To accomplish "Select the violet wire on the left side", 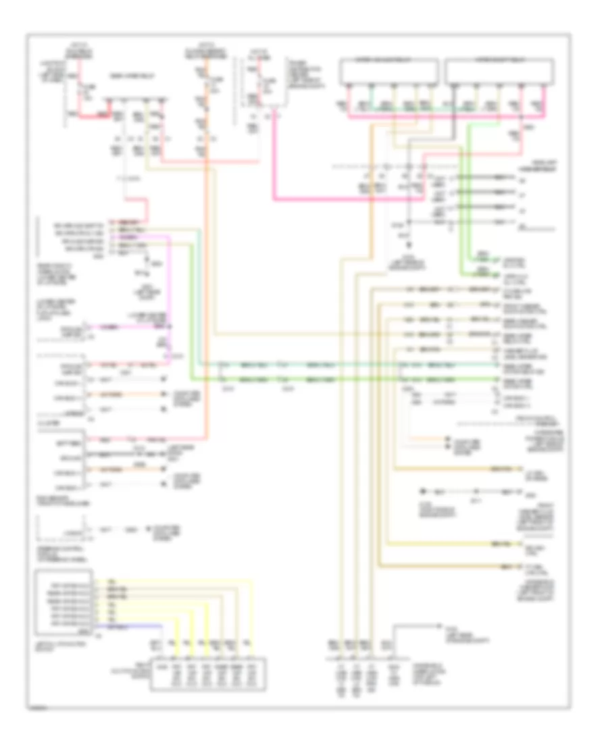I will point(169,284).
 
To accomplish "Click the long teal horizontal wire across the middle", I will point(304,365).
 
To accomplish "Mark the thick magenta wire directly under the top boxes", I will point(439,117).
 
